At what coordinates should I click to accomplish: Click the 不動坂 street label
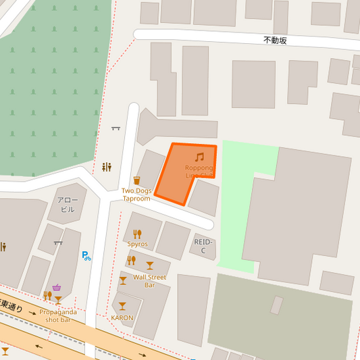click(x=275, y=41)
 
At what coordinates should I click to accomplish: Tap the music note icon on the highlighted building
click(x=199, y=157)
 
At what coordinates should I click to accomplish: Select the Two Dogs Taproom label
click(x=136, y=195)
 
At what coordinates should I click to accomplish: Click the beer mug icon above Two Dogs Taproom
click(x=136, y=180)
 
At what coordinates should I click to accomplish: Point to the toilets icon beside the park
click(x=106, y=167)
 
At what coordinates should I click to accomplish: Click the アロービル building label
click(x=68, y=205)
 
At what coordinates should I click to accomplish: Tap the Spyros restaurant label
click(x=138, y=244)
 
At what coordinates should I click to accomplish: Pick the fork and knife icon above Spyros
click(x=137, y=234)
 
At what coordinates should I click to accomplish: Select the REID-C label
click(x=203, y=246)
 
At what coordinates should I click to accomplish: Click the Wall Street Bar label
click(x=149, y=281)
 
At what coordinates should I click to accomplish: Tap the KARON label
click(x=122, y=317)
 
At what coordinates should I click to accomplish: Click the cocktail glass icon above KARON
click(x=122, y=306)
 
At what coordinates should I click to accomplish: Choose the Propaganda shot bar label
click(x=58, y=315)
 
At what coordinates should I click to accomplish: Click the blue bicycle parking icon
click(x=86, y=256)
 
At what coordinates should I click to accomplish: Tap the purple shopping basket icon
click(x=57, y=288)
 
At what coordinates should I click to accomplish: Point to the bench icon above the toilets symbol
click(x=115, y=127)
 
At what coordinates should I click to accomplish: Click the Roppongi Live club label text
click(x=199, y=171)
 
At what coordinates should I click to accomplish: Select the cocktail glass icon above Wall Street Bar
click(x=149, y=265)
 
